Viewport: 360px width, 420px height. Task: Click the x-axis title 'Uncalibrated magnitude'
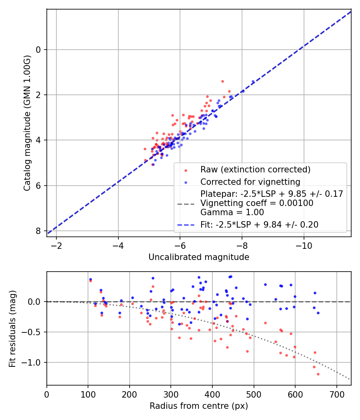199,257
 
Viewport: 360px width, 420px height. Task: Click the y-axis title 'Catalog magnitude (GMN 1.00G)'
27,123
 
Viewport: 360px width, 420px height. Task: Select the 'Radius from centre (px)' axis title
199,406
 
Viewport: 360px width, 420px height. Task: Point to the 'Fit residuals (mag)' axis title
12,328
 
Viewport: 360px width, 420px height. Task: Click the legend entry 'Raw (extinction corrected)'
255,170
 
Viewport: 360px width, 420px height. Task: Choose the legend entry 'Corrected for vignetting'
250,182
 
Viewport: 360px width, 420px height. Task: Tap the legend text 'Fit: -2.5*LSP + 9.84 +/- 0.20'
259,225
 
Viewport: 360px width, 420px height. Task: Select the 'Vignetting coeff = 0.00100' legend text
257,203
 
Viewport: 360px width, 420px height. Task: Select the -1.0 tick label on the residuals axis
33,362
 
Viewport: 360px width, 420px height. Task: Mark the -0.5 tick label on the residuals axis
33,332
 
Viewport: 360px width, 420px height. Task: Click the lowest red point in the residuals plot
318,374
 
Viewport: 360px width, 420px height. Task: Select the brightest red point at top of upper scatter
222,81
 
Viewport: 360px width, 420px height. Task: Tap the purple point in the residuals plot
227,321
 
